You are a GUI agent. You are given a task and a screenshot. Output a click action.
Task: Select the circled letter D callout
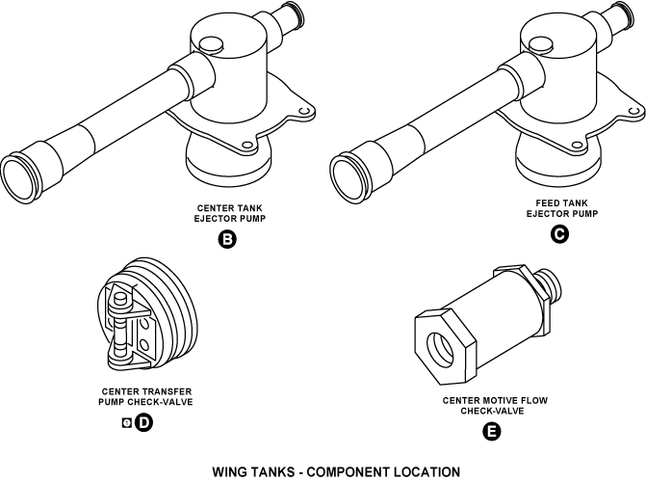[x=143, y=423]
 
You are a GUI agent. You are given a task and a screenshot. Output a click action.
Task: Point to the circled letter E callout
[x=491, y=432]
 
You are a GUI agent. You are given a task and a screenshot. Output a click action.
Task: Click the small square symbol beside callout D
[x=125, y=423]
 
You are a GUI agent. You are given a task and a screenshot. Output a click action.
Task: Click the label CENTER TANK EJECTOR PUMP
[x=228, y=213]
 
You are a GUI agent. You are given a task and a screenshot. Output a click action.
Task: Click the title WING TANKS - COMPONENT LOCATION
[x=323, y=471]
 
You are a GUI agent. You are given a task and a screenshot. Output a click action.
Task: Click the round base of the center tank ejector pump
[x=227, y=164]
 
